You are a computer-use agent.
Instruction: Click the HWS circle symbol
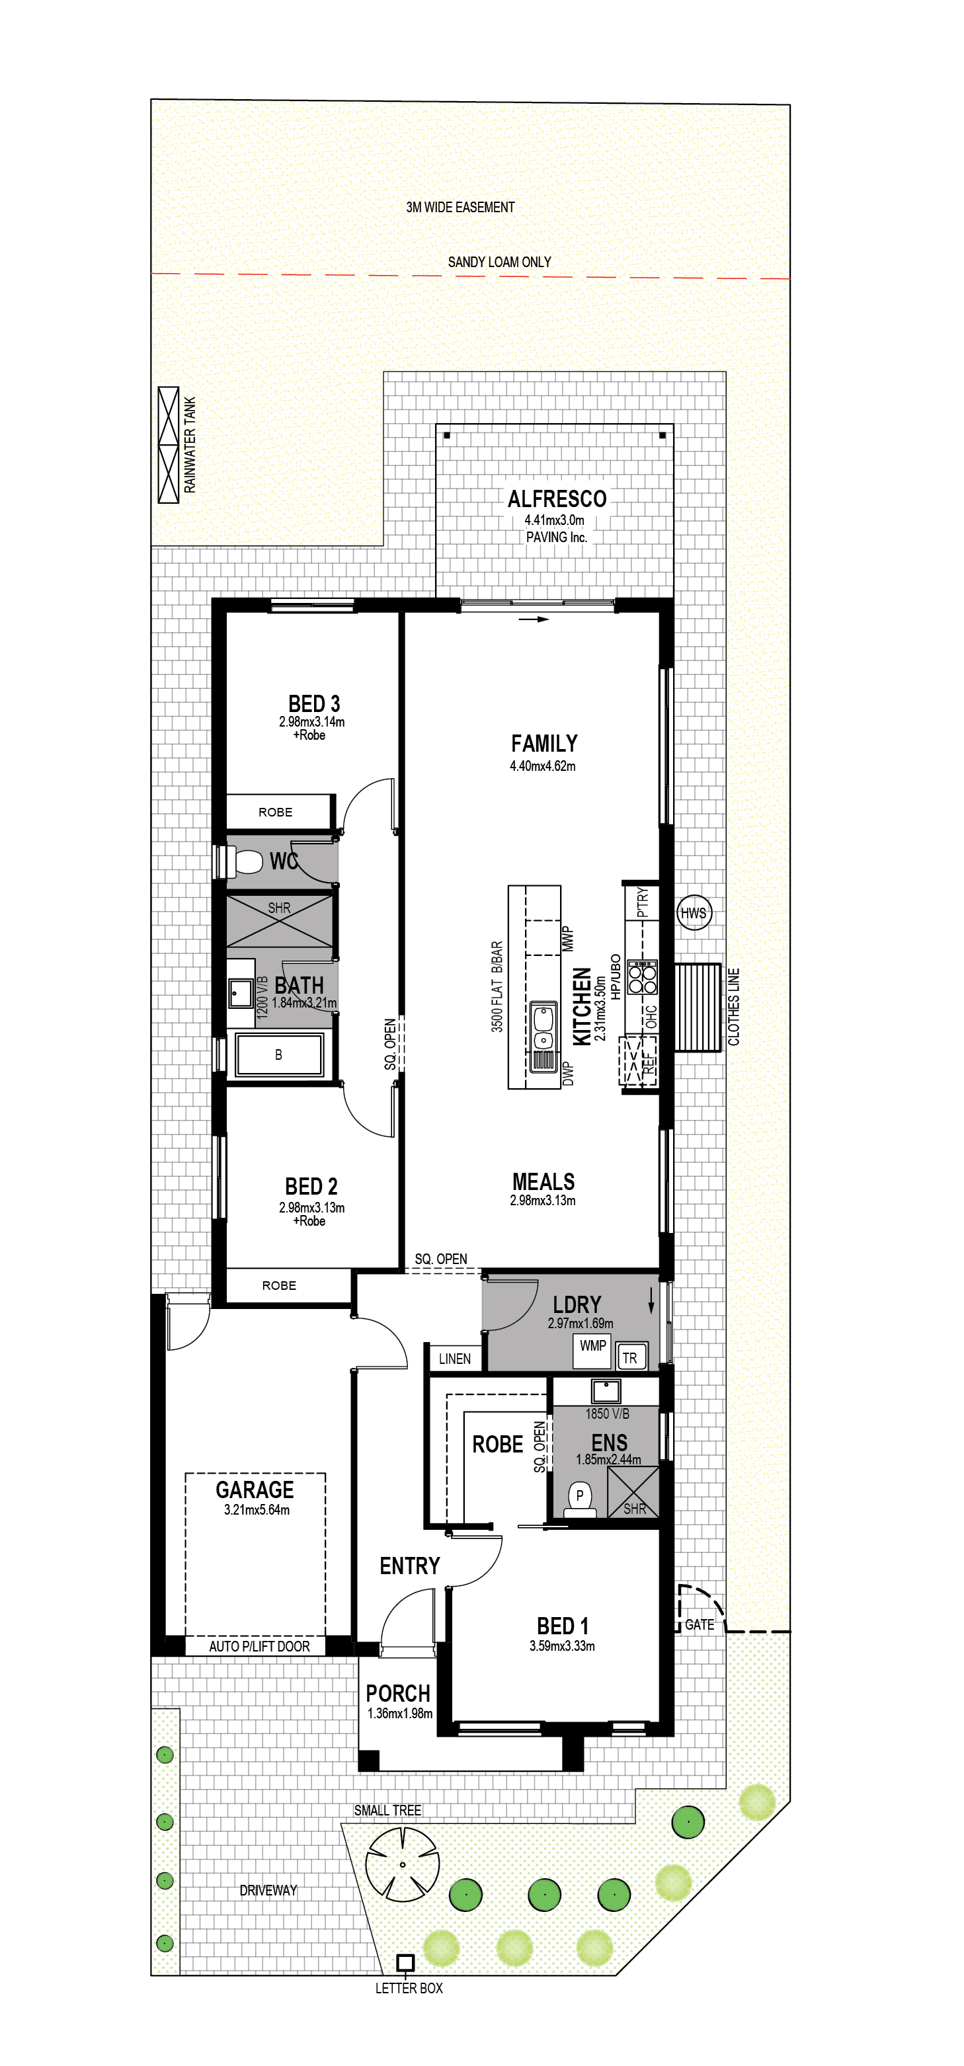coord(694,913)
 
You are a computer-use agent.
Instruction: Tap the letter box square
coord(406,1963)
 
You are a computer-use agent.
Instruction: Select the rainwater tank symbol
coord(169,445)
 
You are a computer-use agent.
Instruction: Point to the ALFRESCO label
coord(557,499)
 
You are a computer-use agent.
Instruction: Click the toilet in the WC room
coord(241,862)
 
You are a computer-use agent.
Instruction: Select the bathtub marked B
coord(278,1054)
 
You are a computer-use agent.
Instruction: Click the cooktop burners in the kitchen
coord(643,977)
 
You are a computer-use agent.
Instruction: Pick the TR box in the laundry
coord(630,1358)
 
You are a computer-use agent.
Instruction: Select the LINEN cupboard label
coord(455,1359)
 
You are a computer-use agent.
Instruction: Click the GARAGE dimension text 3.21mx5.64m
coord(257,1509)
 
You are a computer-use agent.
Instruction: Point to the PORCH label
coord(398,1693)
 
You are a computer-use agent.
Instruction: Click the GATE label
coord(700,1624)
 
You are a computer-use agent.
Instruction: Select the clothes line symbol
coord(698,1008)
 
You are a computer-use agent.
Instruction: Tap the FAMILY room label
coord(545,744)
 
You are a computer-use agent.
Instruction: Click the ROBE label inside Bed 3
coord(275,813)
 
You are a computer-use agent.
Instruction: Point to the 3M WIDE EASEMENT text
coord(460,207)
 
